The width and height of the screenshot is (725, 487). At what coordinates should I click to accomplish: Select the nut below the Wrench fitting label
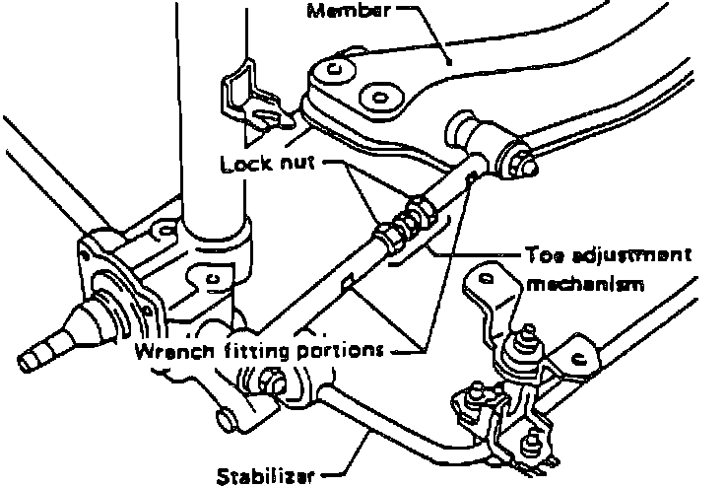click(271, 383)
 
